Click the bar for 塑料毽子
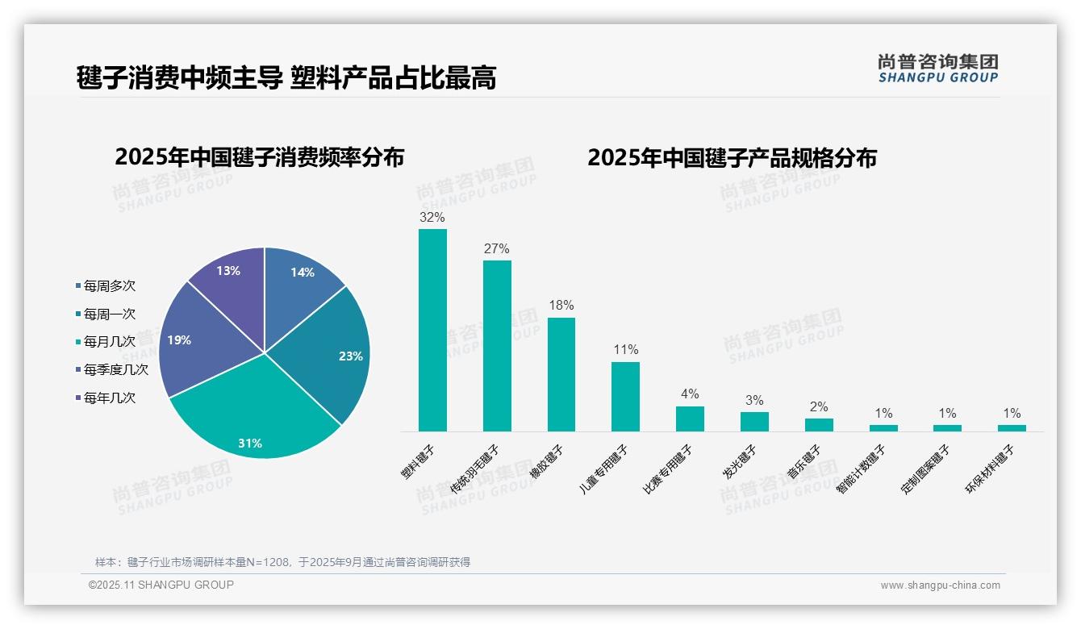click(x=432, y=330)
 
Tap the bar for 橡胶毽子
click(x=561, y=374)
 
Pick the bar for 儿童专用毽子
click(x=625, y=396)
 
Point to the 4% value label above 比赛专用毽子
click(x=690, y=394)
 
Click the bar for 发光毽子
click(x=754, y=422)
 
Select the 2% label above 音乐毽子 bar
click(x=819, y=407)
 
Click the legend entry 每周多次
click(x=110, y=286)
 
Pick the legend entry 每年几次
click(x=110, y=398)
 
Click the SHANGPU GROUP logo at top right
click(x=937, y=69)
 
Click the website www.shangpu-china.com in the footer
click(x=940, y=585)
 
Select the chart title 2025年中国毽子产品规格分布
click(x=732, y=158)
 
